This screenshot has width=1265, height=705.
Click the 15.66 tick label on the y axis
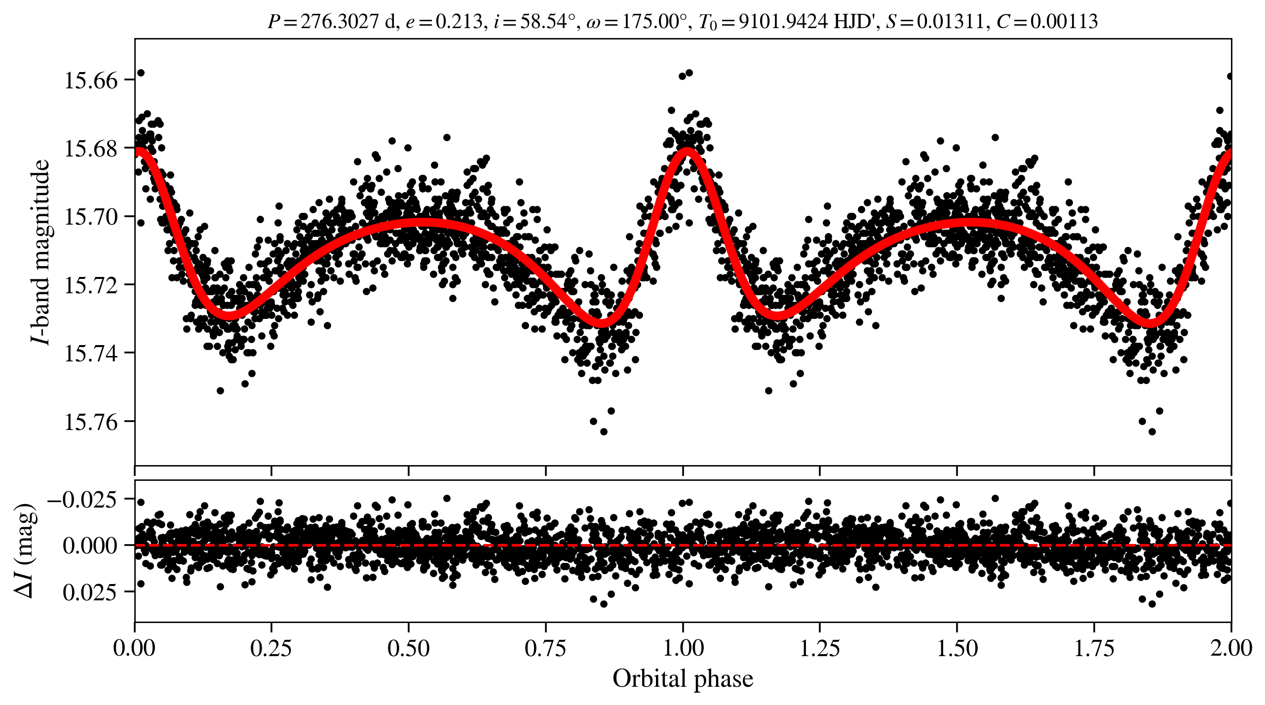point(91,80)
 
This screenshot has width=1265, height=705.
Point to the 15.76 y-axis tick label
point(91,422)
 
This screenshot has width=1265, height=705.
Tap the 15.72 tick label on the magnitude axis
point(91,285)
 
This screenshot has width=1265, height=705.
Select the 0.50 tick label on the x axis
point(408,648)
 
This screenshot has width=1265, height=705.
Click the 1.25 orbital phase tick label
point(819,648)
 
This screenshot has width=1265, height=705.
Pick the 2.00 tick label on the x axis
point(1231,648)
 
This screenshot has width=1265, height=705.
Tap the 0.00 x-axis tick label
point(134,648)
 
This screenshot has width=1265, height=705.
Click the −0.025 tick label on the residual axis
point(82,500)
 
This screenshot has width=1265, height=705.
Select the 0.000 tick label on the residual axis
point(90,546)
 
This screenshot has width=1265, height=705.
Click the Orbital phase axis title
point(683,679)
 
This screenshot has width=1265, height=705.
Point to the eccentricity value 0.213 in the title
point(459,22)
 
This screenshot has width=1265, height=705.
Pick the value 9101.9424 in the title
point(783,22)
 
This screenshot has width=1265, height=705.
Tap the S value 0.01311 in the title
point(950,22)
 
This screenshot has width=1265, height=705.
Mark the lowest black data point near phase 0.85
point(604,431)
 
